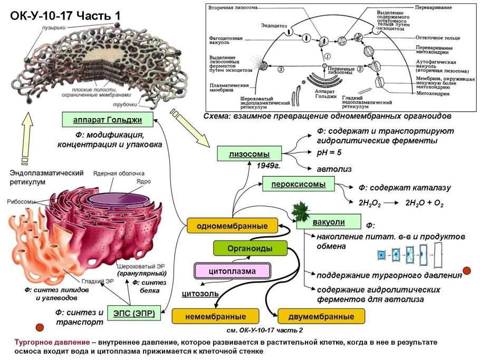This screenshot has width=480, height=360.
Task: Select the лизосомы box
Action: [x=249, y=154]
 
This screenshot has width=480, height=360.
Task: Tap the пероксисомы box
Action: [x=299, y=184]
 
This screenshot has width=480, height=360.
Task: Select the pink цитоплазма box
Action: [x=232, y=271]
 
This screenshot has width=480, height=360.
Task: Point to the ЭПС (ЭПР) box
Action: [x=134, y=314]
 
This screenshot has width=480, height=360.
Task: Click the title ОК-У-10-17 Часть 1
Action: [x=65, y=16]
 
